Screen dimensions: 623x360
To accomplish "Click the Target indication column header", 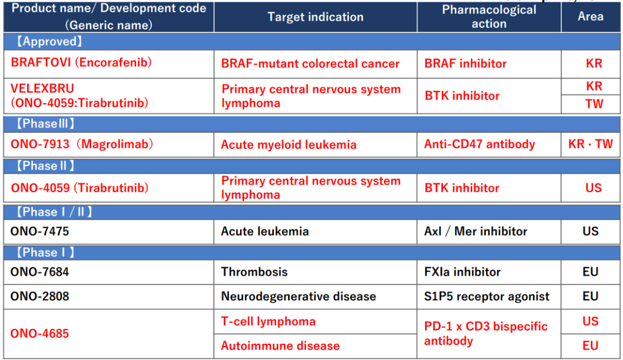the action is click(315, 17).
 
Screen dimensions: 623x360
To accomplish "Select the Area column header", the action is click(591, 16).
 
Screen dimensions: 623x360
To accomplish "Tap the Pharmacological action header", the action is click(489, 17).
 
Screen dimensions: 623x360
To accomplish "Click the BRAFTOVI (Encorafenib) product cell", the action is click(81, 62).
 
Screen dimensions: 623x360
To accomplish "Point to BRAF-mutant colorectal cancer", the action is click(310, 63).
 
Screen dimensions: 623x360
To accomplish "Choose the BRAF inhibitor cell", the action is click(466, 63).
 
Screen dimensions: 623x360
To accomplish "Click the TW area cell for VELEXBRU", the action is click(594, 104).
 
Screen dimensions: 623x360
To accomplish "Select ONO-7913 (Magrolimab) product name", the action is click(82, 144).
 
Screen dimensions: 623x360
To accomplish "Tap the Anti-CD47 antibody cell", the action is click(479, 144).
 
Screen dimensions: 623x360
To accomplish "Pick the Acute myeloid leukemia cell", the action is click(288, 145).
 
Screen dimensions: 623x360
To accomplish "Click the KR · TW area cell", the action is click(591, 144).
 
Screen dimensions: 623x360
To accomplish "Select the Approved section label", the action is click(49, 42).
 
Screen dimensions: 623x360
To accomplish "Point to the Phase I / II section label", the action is click(54, 212).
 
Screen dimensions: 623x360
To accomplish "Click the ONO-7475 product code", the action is click(40, 231).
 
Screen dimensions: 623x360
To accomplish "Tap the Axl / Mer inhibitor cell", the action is click(475, 231).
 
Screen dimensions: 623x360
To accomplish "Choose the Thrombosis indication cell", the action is click(254, 272).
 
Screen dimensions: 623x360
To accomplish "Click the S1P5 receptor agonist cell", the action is click(487, 297).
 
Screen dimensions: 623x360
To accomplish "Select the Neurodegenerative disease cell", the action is click(298, 297).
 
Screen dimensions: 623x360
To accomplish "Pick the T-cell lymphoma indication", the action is click(268, 321).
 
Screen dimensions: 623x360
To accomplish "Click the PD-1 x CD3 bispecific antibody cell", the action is click(486, 333).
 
